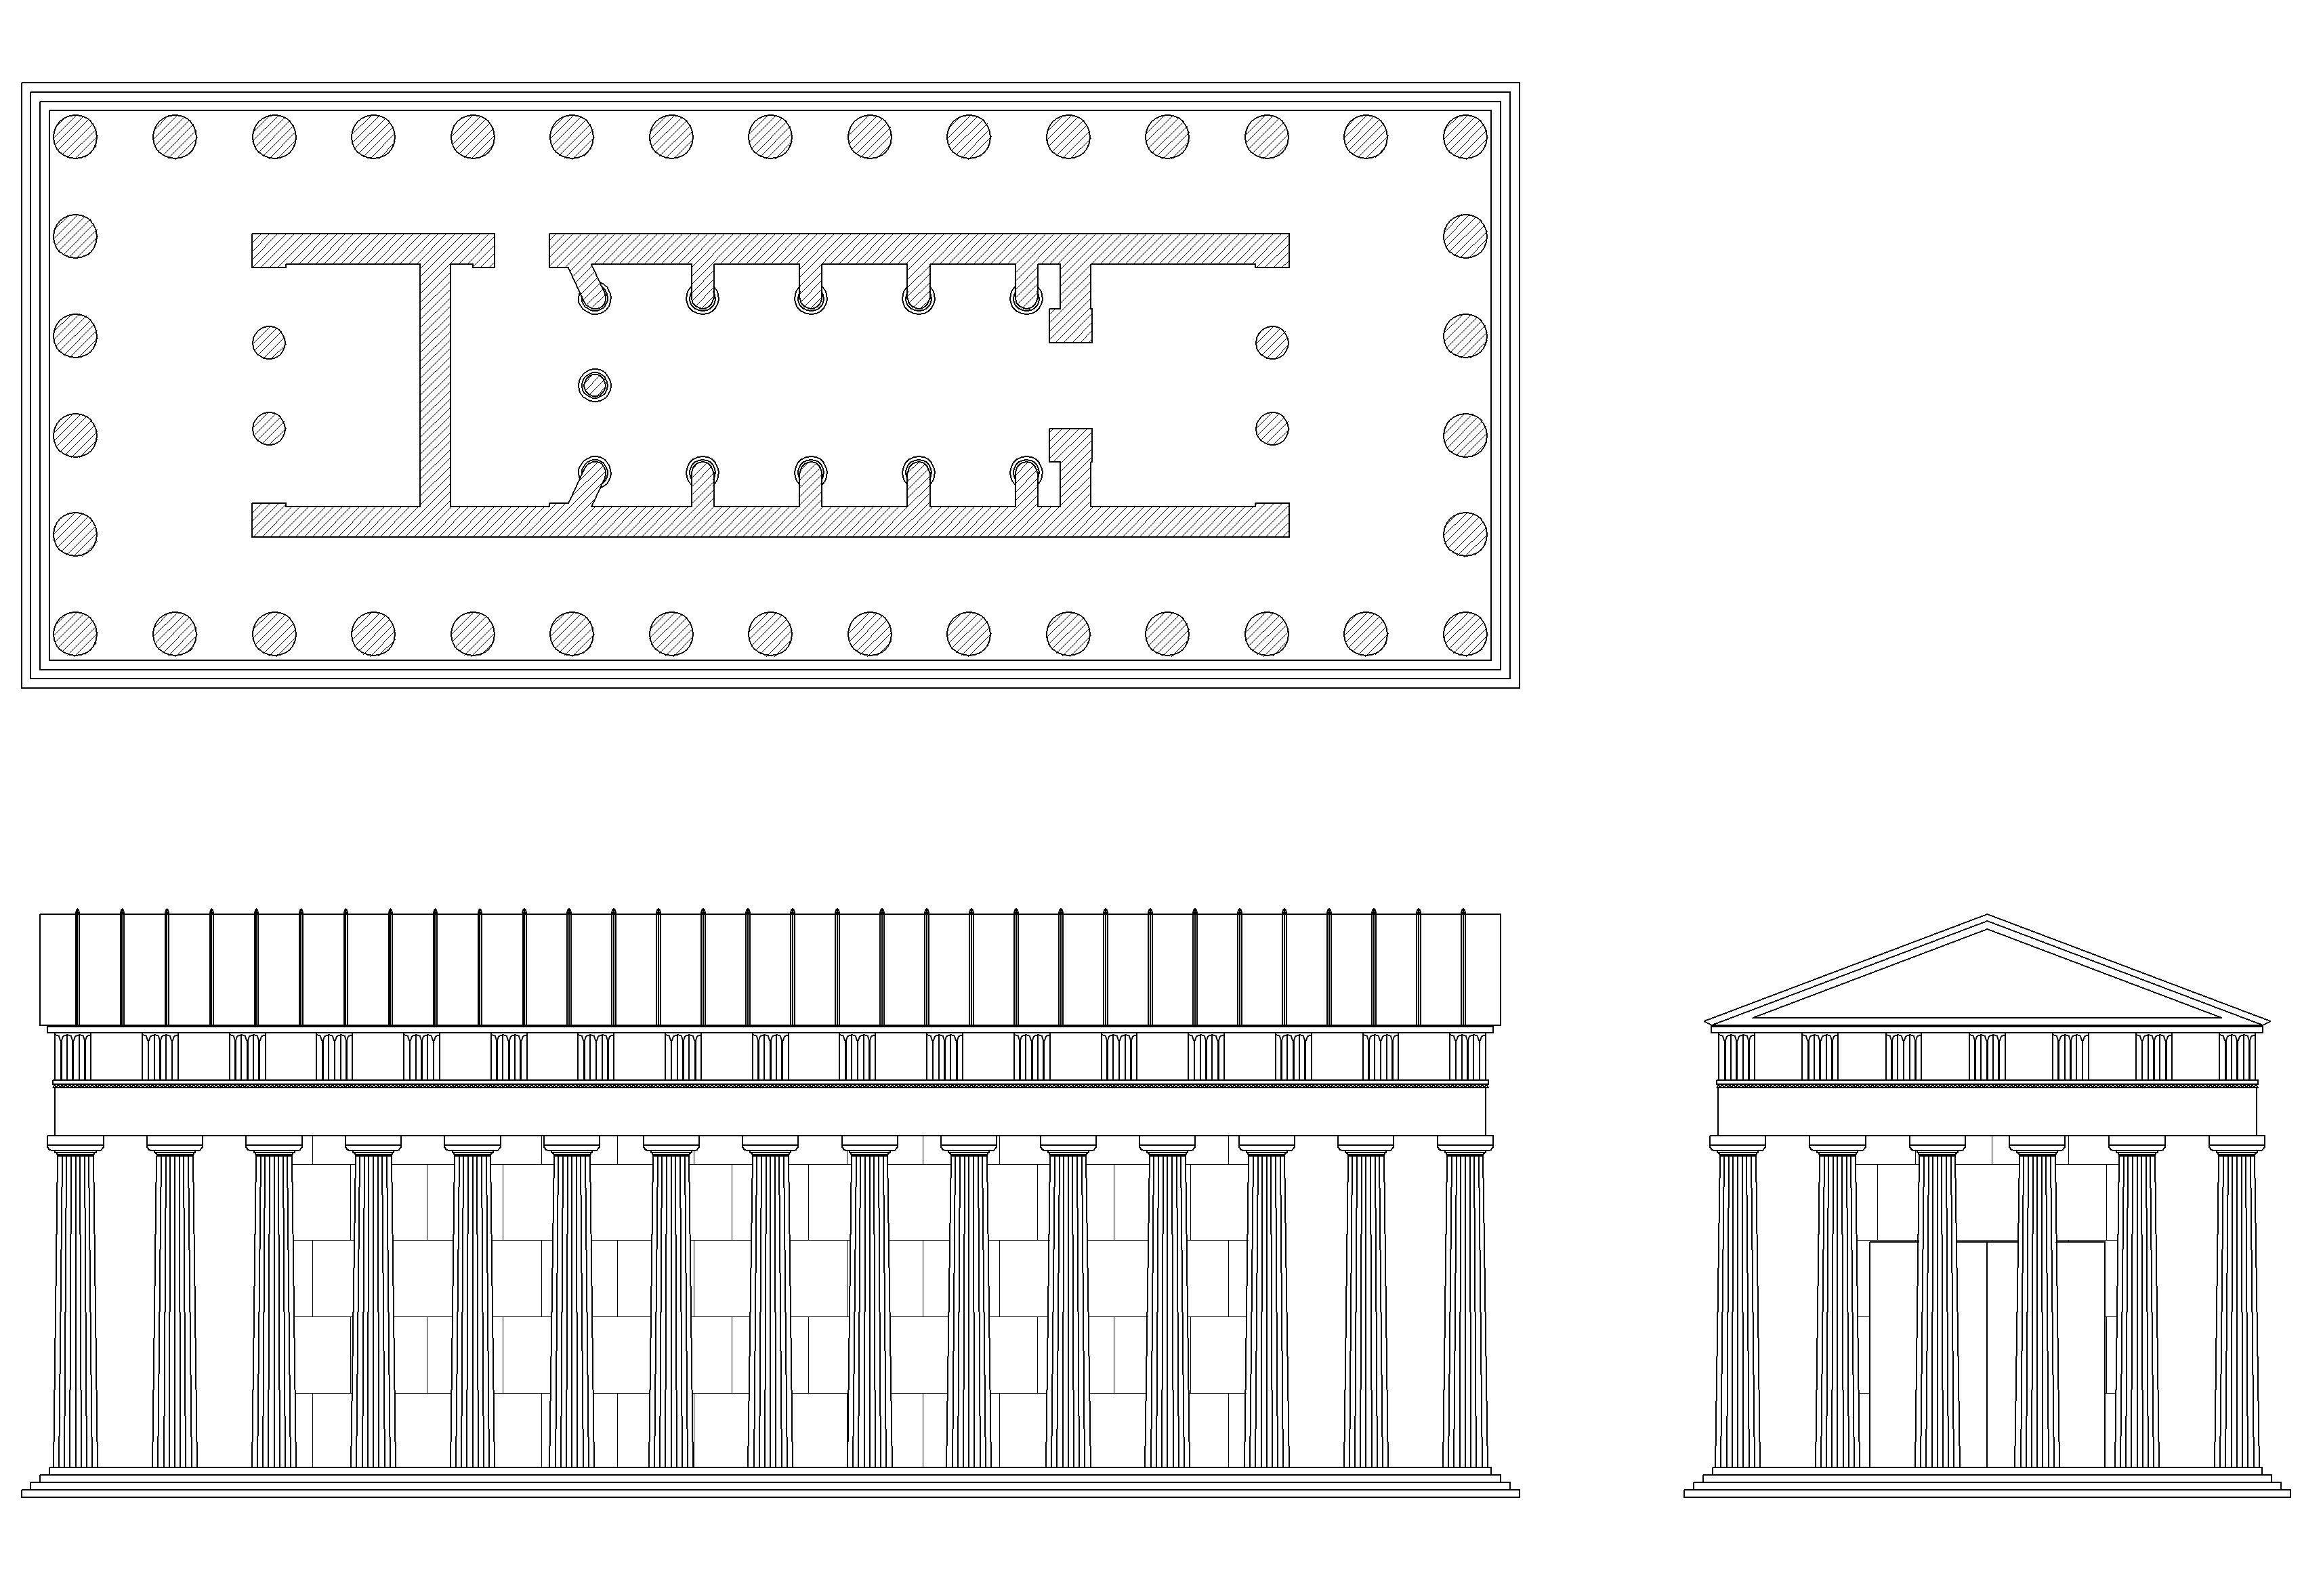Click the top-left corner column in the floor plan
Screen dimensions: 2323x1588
(75, 137)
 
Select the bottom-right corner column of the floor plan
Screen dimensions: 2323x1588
(1465, 634)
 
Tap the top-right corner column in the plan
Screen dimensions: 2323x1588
(1465, 137)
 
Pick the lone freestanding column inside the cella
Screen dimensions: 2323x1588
(595, 385)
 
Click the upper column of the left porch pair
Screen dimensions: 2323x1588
(269, 343)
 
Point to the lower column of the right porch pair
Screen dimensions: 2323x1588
(1272, 429)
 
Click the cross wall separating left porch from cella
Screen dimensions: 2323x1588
(435, 385)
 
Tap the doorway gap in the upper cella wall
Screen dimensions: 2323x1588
(522, 250)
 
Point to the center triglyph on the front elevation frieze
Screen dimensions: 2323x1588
(1986, 1056)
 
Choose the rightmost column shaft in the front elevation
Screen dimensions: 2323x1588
(2237, 1309)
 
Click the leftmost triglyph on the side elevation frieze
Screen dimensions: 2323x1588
(72, 1056)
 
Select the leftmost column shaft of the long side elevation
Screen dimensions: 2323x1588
(75, 1309)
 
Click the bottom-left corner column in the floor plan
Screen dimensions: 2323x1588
(75, 634)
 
